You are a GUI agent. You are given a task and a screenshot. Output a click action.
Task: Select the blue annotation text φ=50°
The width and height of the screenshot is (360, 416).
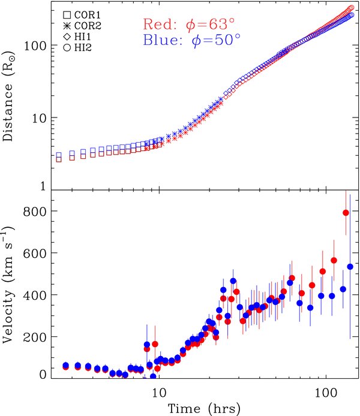click(x=182, y=41)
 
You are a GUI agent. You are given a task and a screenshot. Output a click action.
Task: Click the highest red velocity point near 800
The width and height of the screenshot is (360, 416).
click(x=346, y=213)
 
